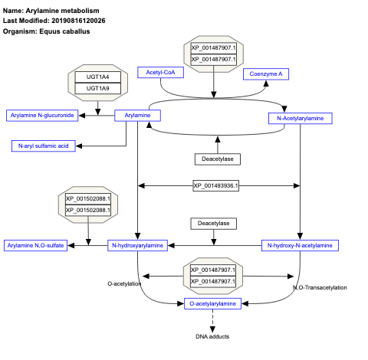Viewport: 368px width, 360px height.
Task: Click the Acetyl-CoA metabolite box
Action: coord(159,73)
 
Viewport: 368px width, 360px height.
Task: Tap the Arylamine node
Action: coord(137,116)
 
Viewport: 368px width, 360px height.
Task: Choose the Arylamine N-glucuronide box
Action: coord(41,116)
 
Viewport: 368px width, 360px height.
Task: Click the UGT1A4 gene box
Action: coord(97,77)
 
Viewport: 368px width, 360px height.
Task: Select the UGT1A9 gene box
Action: coord(97,88)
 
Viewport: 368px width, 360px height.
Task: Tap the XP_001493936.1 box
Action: coord(215,185)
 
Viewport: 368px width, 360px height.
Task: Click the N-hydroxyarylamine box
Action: coord(137,245)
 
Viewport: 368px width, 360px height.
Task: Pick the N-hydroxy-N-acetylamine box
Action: coord(300,245)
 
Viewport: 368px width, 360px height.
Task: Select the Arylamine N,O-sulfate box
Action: coord(34,245)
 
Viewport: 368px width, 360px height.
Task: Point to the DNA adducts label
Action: coord(212,336)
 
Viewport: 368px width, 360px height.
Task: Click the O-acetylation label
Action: coord(124,283)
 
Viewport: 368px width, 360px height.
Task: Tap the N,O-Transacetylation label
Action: coord(320,288)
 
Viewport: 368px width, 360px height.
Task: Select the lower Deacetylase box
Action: coord(213,224)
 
